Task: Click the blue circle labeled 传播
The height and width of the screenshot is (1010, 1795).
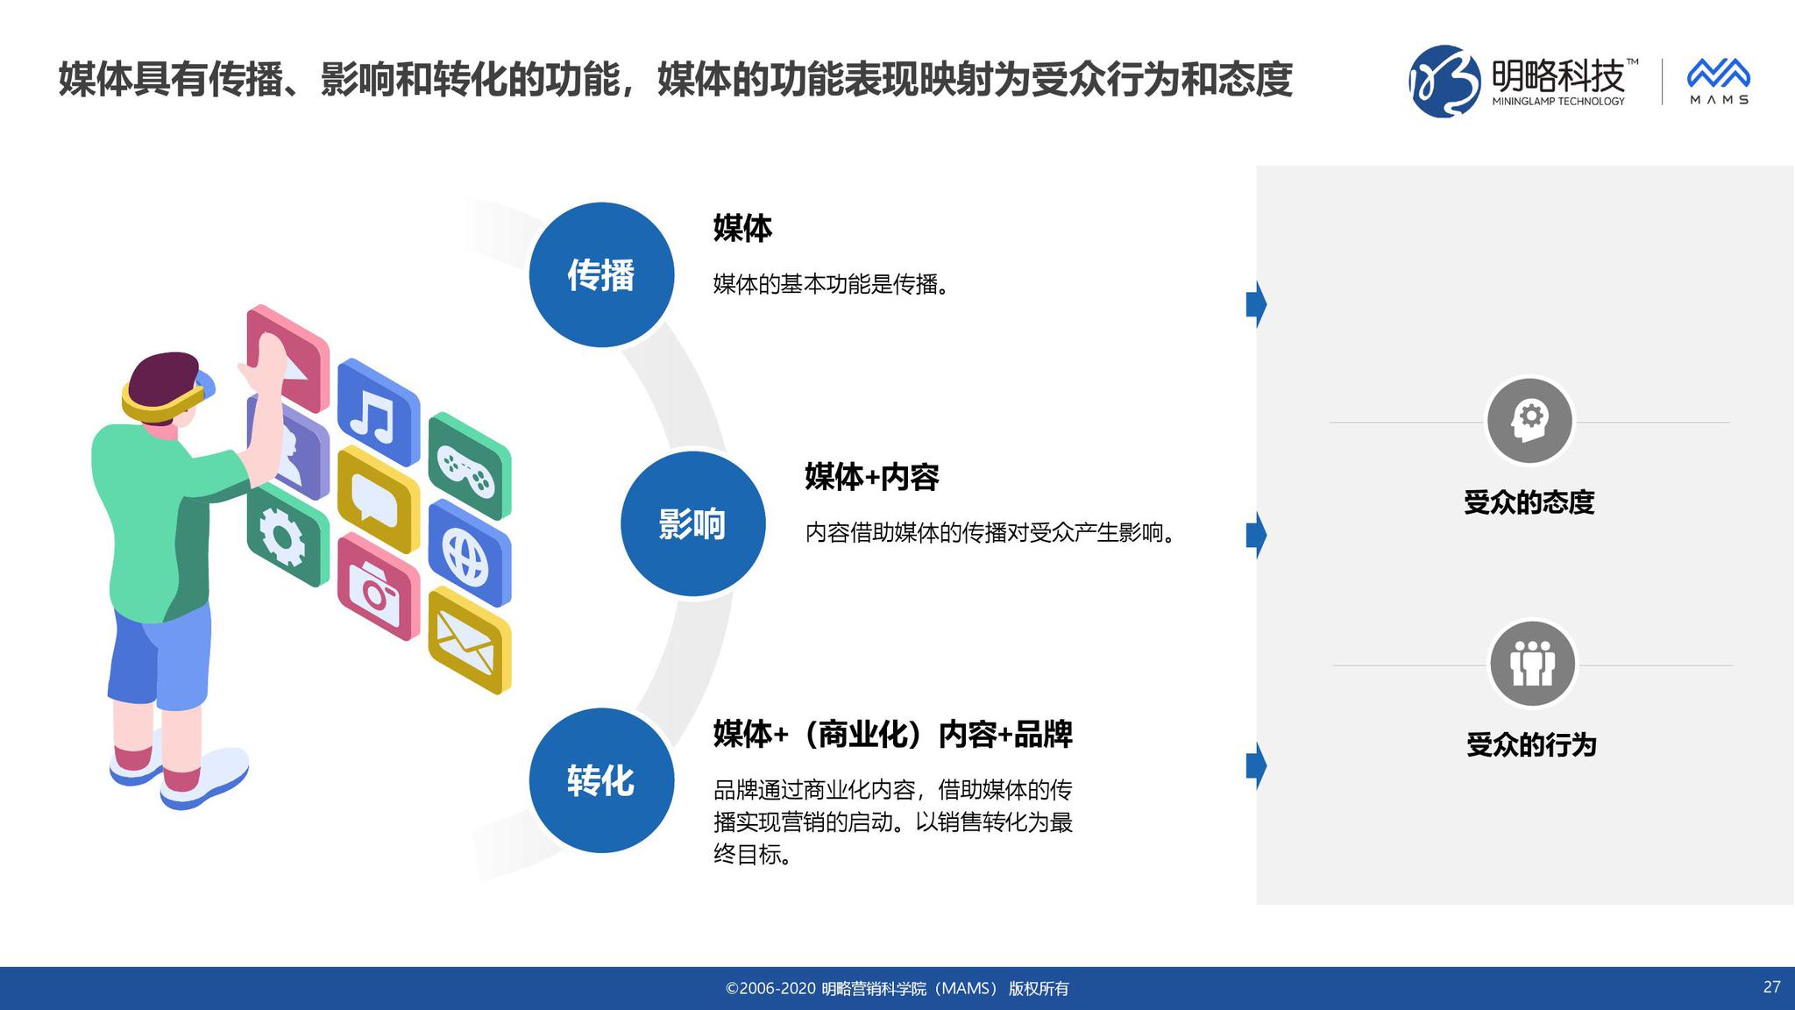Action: [601, 274]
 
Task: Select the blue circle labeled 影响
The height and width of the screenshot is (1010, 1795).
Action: [692, 523]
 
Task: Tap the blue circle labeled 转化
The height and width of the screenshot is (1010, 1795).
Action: [601, 780]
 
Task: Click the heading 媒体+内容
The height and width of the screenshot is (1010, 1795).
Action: [872, 477]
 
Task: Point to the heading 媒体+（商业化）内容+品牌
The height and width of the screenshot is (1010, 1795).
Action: [892, 734]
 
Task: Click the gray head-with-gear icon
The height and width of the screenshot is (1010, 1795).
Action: [1529, 421]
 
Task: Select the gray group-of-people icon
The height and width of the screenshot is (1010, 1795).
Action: [1532, 664]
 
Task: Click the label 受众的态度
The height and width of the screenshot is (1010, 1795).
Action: [1529, 502]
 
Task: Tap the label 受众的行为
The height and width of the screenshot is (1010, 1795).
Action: [1531, 745]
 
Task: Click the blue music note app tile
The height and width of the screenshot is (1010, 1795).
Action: [378, 412]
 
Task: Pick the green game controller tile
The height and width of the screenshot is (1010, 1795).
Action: [469, 466]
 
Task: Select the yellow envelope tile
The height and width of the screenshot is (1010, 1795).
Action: [470, 640]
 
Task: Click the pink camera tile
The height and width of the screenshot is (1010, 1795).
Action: [378, 586]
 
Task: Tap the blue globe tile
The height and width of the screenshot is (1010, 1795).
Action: [469, 553]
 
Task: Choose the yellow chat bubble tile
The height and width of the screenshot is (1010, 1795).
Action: [378, 499]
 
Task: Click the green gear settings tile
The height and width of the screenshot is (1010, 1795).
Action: [287, 535]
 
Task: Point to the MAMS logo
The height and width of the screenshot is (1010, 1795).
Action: [1719, 82]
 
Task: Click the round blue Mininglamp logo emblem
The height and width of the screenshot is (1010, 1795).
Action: [1444, 81]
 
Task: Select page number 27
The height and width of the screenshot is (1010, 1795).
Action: [1771, 987]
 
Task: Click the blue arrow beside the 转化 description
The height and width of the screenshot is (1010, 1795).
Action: [1256, 765]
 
